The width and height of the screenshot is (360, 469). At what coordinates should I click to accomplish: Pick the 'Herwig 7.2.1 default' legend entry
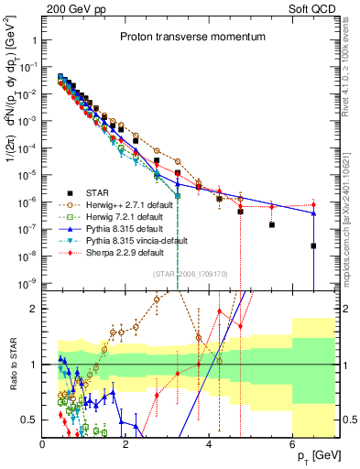tap(122, 216)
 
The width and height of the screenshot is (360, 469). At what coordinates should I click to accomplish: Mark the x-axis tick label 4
tap(210, 442)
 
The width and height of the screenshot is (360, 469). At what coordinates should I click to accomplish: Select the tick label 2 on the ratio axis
tap(33, 309)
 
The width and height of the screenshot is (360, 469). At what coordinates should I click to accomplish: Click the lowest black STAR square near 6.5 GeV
tap(313, 245)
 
